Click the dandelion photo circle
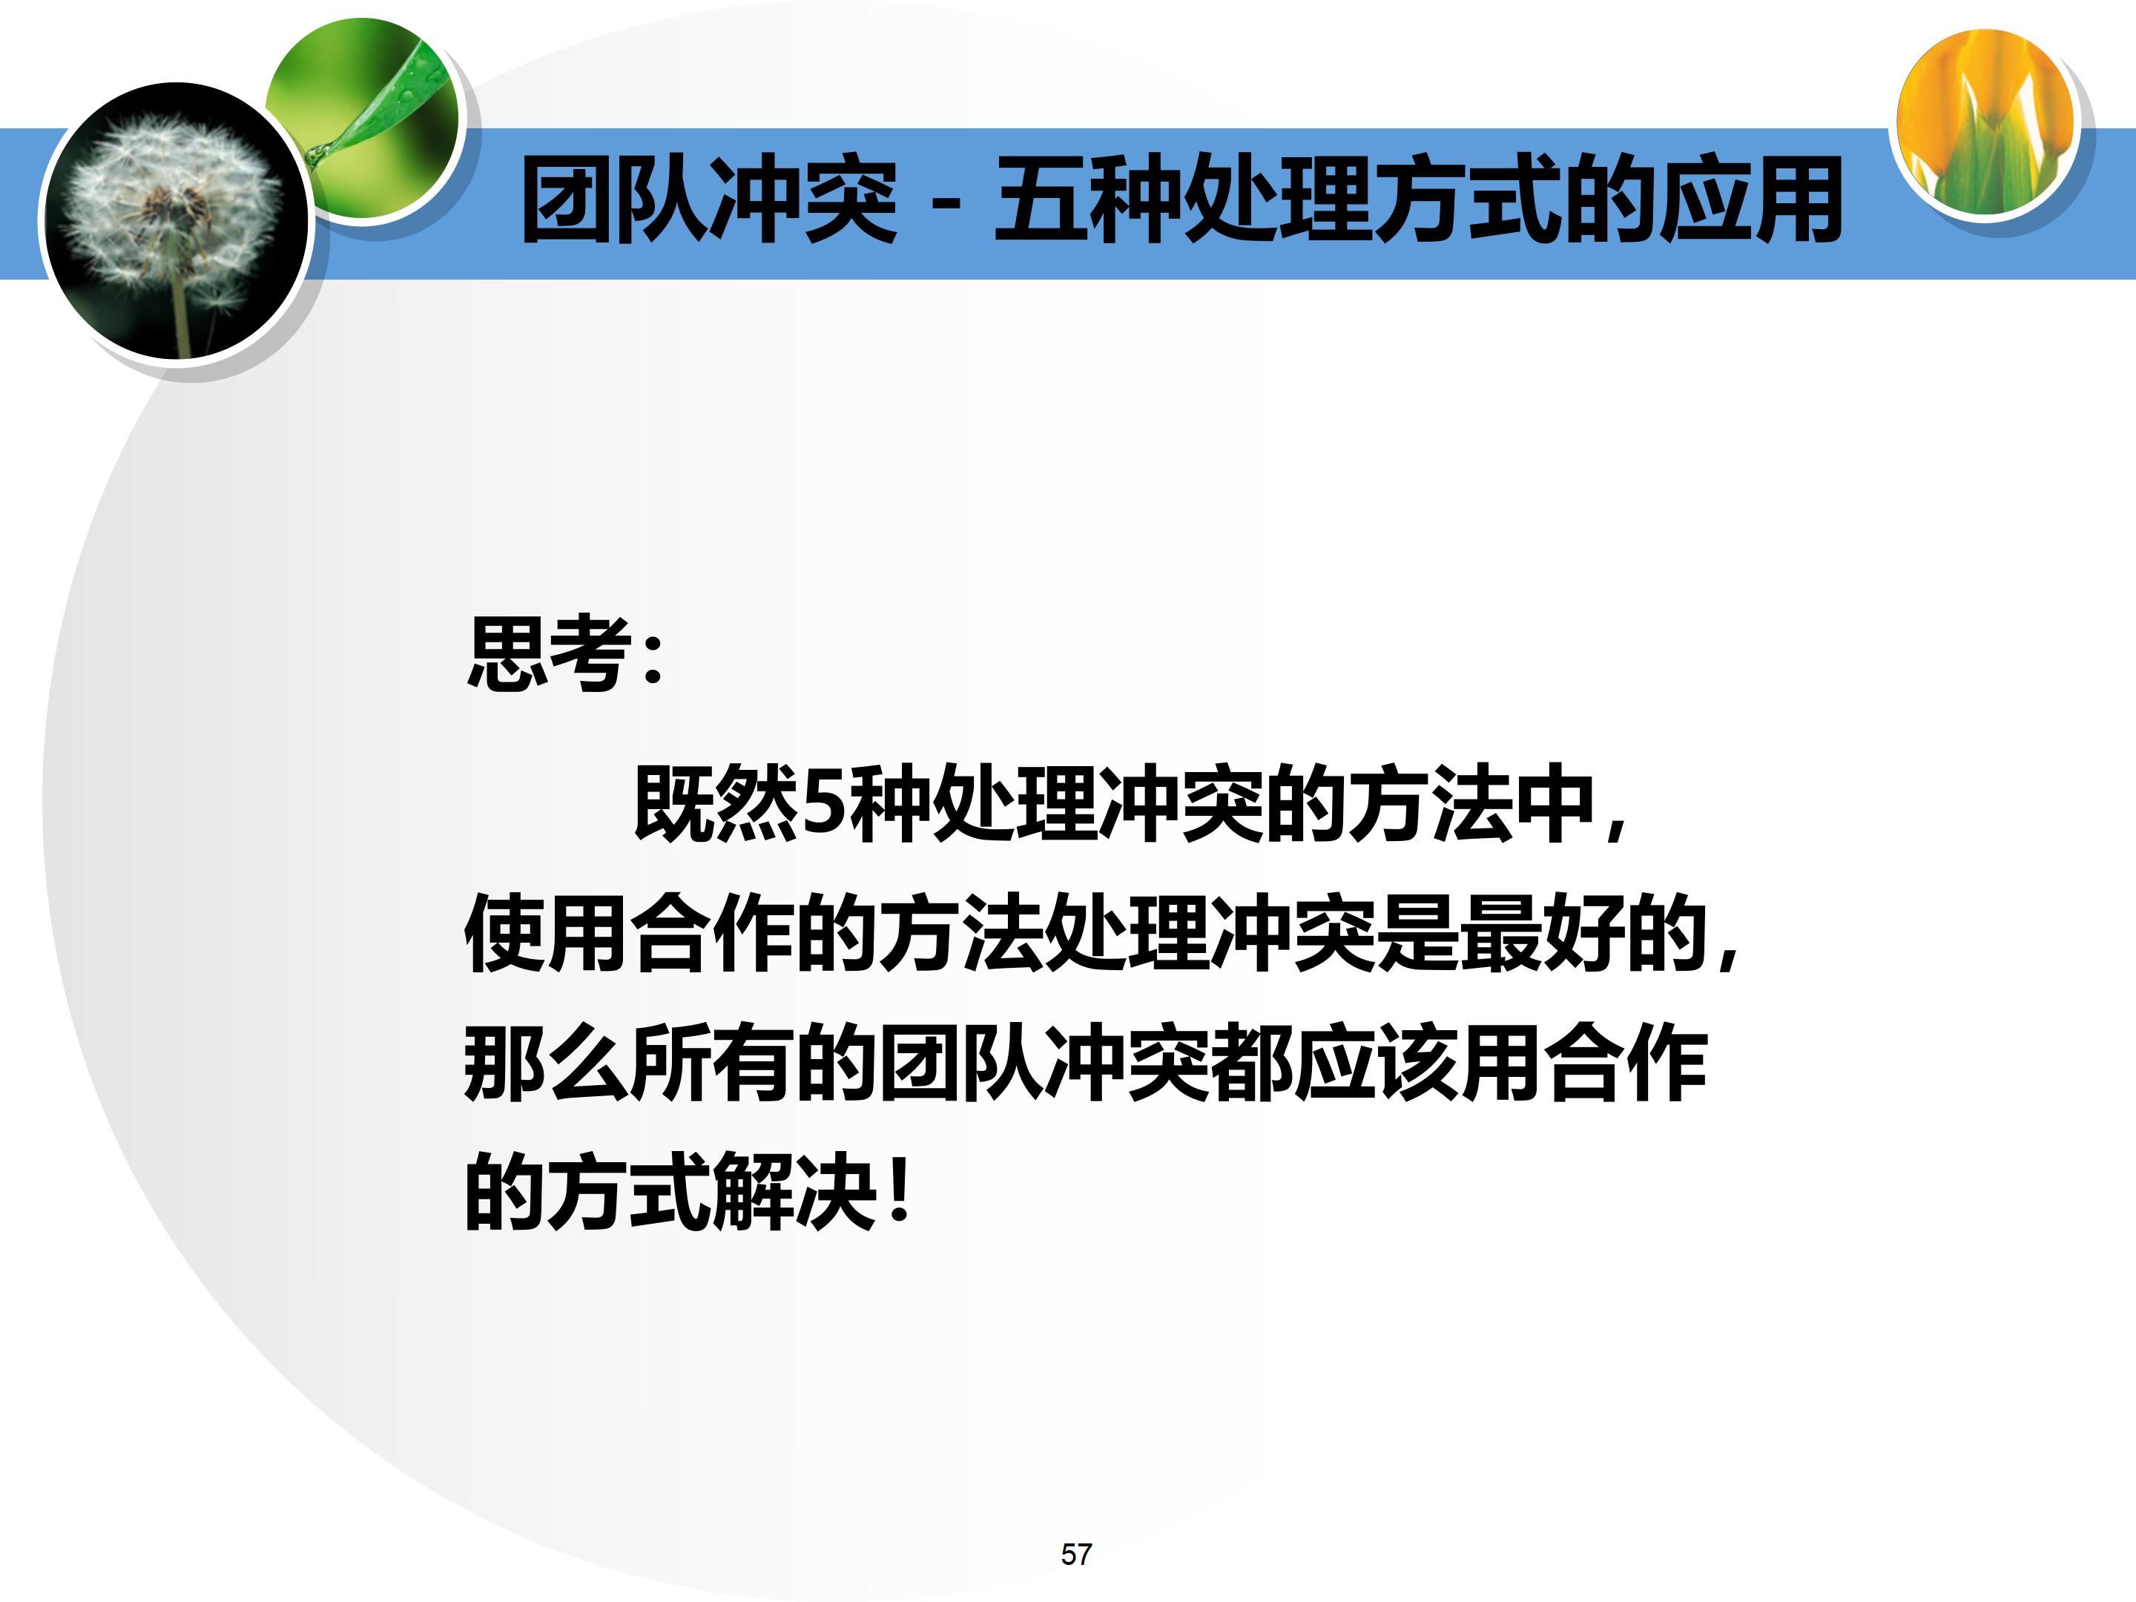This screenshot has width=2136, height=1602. tap(176, 220)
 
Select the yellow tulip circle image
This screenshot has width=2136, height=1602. tap(1985, 122)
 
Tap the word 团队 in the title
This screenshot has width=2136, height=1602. tap(614, 200)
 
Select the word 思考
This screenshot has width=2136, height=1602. tap(549, 653)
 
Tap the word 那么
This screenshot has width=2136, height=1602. tap(547, 1063)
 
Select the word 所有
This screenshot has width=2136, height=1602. tap(713, 1063)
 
